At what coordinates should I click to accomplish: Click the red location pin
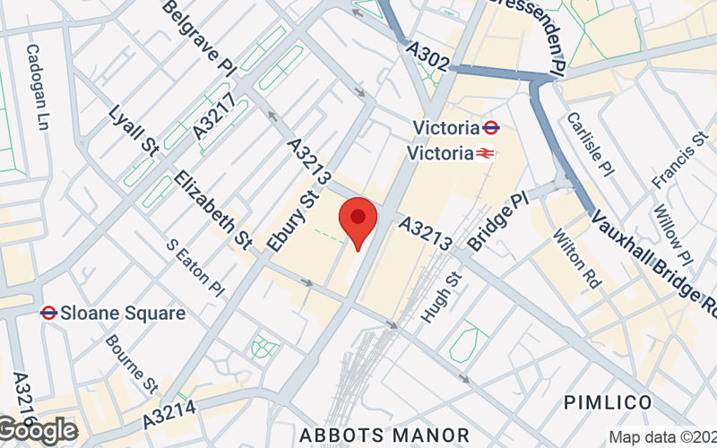click(x=358, y=221)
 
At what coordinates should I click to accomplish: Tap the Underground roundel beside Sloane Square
click(x=48, y=313)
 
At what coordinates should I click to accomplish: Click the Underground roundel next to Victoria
click(x=490, y=126)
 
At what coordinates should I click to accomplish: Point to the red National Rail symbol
click(x=485, y=153)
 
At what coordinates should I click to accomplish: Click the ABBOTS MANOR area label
click(x=384, y=435)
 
